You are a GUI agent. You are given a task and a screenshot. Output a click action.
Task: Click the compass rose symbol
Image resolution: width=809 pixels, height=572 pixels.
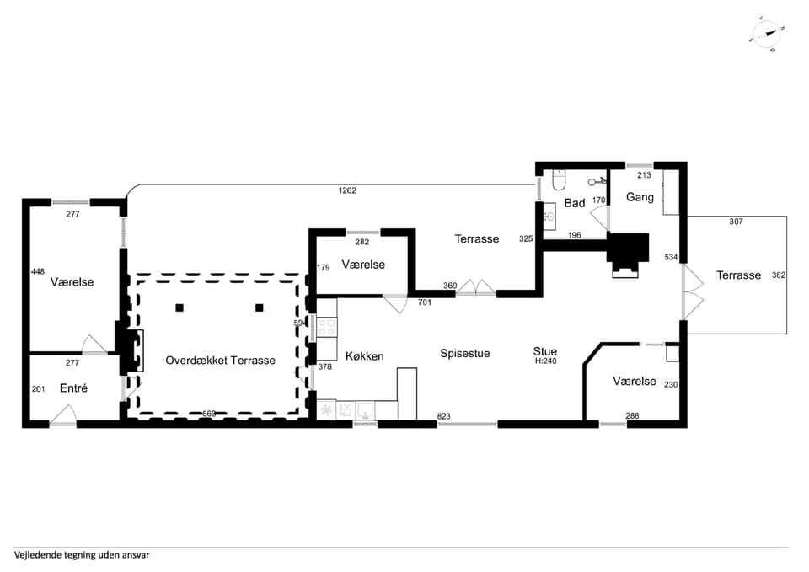(x=767, y=34)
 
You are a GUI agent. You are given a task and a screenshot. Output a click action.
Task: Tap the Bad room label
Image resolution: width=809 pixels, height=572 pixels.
(x=574, y=203)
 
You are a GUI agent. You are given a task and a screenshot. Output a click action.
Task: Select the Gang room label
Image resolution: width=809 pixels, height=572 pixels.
(x=640, y=197)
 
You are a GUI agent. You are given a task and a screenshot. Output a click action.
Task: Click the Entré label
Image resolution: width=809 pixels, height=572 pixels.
(x=73, y=388)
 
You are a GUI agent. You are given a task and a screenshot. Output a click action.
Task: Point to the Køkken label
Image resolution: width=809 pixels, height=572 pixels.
(x=364, y=355)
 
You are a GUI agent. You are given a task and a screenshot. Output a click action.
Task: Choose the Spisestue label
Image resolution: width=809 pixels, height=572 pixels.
(x=465, y=353)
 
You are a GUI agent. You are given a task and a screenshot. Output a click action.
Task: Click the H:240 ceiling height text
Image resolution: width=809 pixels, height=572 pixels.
(x=545, y=361)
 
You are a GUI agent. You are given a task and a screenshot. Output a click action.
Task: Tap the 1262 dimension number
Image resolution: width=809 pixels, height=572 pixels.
(x=347, y=190)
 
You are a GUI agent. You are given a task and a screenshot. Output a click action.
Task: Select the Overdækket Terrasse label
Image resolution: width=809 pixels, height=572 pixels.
(x=220, y=360)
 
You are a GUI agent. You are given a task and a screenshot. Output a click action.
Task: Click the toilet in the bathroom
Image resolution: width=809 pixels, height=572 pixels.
(x=560, y=179)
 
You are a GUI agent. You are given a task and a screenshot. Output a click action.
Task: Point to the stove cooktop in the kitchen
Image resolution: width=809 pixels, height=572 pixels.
(x=327, y=328)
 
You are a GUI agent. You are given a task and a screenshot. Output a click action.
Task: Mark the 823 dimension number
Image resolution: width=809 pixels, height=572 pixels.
(x=444, y=416)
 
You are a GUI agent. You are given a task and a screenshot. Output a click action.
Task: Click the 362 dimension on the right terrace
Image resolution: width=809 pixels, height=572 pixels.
(x=779, y=275)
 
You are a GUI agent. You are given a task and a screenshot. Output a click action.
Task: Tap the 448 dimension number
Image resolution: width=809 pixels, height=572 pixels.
(x=38, y=271)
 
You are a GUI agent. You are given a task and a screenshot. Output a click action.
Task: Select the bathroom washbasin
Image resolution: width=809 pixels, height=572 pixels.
(x=549, y=217)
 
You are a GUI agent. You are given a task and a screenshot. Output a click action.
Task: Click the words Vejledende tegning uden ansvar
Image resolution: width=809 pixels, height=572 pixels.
(x=82, y=555)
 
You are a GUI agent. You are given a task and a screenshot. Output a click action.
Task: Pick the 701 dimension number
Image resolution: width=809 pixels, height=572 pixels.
(x=425, y=302)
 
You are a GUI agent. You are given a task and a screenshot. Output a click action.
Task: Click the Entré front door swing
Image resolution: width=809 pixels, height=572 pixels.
(x=63, y=415)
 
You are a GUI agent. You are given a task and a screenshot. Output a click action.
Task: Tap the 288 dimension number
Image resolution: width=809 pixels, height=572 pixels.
(x=632, y=415)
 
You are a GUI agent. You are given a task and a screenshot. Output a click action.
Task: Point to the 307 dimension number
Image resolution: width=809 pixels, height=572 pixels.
(x=737, y=222)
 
